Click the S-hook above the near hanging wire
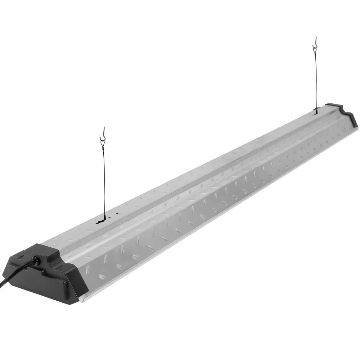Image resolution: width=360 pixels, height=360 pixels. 103,132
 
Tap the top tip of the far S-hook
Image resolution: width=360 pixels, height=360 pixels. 314,37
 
